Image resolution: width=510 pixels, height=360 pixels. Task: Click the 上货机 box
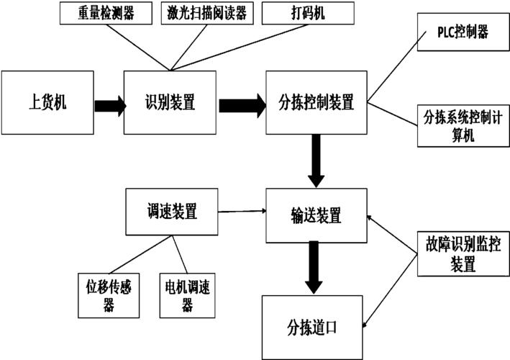pos(47,102)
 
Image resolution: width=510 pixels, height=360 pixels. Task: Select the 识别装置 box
pos(170,102)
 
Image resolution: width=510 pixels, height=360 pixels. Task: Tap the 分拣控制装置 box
pos(316,102)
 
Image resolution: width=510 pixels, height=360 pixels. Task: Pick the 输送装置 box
pos(316,215)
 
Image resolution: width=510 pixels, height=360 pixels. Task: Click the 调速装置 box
pos(171,212)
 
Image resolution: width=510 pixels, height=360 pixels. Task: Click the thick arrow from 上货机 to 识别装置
pos(107,104)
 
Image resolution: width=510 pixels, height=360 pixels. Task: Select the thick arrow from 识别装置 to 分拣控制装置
pos(242,104)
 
